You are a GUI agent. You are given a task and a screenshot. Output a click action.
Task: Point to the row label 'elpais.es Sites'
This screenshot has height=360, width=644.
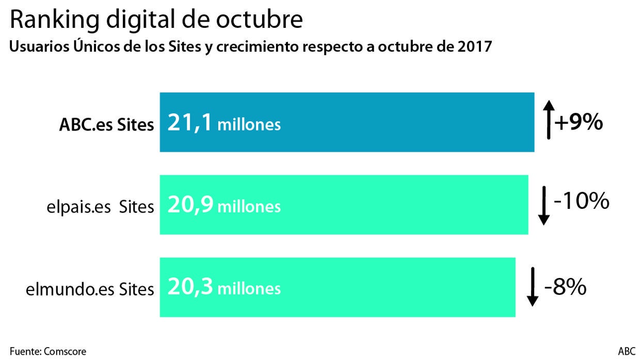point(99,207)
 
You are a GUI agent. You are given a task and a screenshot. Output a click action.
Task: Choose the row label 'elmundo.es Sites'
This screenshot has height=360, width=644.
point(90,289)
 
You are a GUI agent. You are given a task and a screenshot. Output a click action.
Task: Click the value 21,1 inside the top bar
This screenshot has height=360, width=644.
point(189,124)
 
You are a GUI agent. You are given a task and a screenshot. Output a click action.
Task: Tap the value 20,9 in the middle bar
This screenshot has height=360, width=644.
point(190,206)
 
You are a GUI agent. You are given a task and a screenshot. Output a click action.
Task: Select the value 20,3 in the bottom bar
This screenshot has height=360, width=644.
point(190,287)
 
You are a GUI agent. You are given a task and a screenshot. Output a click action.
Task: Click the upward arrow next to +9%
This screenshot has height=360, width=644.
point(549,120)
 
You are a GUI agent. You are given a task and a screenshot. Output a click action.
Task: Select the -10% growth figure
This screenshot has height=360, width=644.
point(582,202)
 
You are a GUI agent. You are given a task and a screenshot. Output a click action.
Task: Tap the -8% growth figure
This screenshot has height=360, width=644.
point(566,287)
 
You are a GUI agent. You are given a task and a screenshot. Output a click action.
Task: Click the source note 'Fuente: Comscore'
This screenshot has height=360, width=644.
point(48,351)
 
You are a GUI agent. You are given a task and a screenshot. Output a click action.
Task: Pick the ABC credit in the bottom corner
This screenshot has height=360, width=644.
point(626,351)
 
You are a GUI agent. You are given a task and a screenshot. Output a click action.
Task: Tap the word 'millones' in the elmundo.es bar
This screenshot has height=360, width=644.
point(249,289)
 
